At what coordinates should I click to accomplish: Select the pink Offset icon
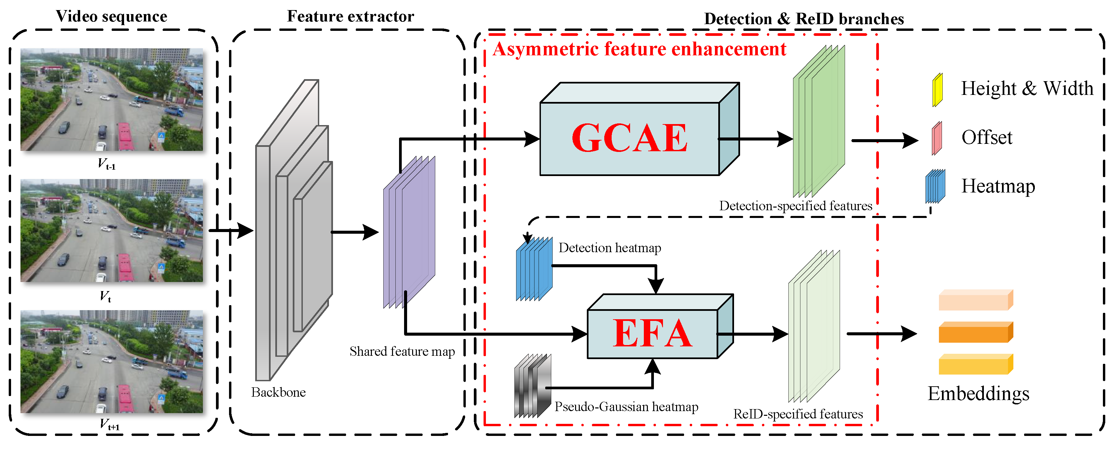937,138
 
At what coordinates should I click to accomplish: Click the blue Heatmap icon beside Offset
935,186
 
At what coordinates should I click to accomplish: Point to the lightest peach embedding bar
975,300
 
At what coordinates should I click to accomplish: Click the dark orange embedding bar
975,333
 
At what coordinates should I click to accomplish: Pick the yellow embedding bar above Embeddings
975,364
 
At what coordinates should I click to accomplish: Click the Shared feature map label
402,351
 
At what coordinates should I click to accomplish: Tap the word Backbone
278,393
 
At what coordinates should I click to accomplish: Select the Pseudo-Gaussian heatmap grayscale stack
532,386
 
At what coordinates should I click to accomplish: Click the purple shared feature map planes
409,232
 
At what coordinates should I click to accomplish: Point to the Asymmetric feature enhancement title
639,49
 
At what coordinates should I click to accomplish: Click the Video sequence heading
112,16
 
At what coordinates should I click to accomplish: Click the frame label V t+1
109,424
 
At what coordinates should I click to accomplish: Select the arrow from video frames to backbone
231,230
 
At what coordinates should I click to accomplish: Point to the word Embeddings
978,394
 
